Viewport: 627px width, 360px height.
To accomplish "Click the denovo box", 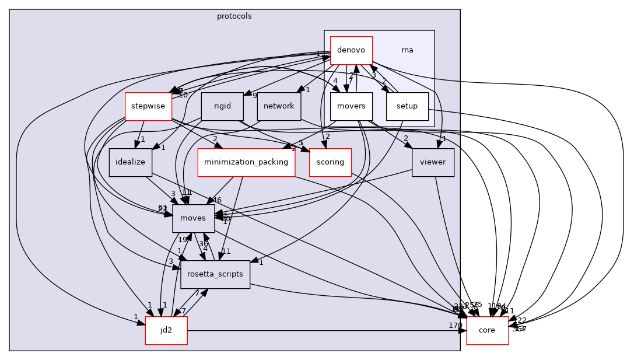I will click(351, 50).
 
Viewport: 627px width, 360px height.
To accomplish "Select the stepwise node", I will click(148, 106).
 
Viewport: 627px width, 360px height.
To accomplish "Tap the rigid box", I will click(222, 106).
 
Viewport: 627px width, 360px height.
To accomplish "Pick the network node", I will click(279, 106).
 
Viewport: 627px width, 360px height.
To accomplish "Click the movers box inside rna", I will click(351, 106).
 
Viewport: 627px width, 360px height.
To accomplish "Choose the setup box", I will click(407, 106).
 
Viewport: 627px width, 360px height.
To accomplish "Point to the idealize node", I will click(130, 162).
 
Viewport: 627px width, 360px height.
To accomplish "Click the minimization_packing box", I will click(246, 162).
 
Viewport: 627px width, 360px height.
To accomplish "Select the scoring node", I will click(330, 162).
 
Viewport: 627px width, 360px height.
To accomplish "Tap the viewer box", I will click(433, 162).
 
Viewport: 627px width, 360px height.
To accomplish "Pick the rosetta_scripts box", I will click(215, 274).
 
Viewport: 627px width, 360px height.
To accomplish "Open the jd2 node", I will click(166, 330).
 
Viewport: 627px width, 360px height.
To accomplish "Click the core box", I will click(487, 330).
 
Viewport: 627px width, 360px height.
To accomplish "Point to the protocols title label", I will click(234, 16).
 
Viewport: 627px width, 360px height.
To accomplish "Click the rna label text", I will click(407, 50).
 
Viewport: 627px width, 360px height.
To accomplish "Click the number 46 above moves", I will click(218, 200).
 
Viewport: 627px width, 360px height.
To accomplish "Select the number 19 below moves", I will click(182, 240).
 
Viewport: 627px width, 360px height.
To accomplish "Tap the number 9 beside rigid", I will click(254, 96).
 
